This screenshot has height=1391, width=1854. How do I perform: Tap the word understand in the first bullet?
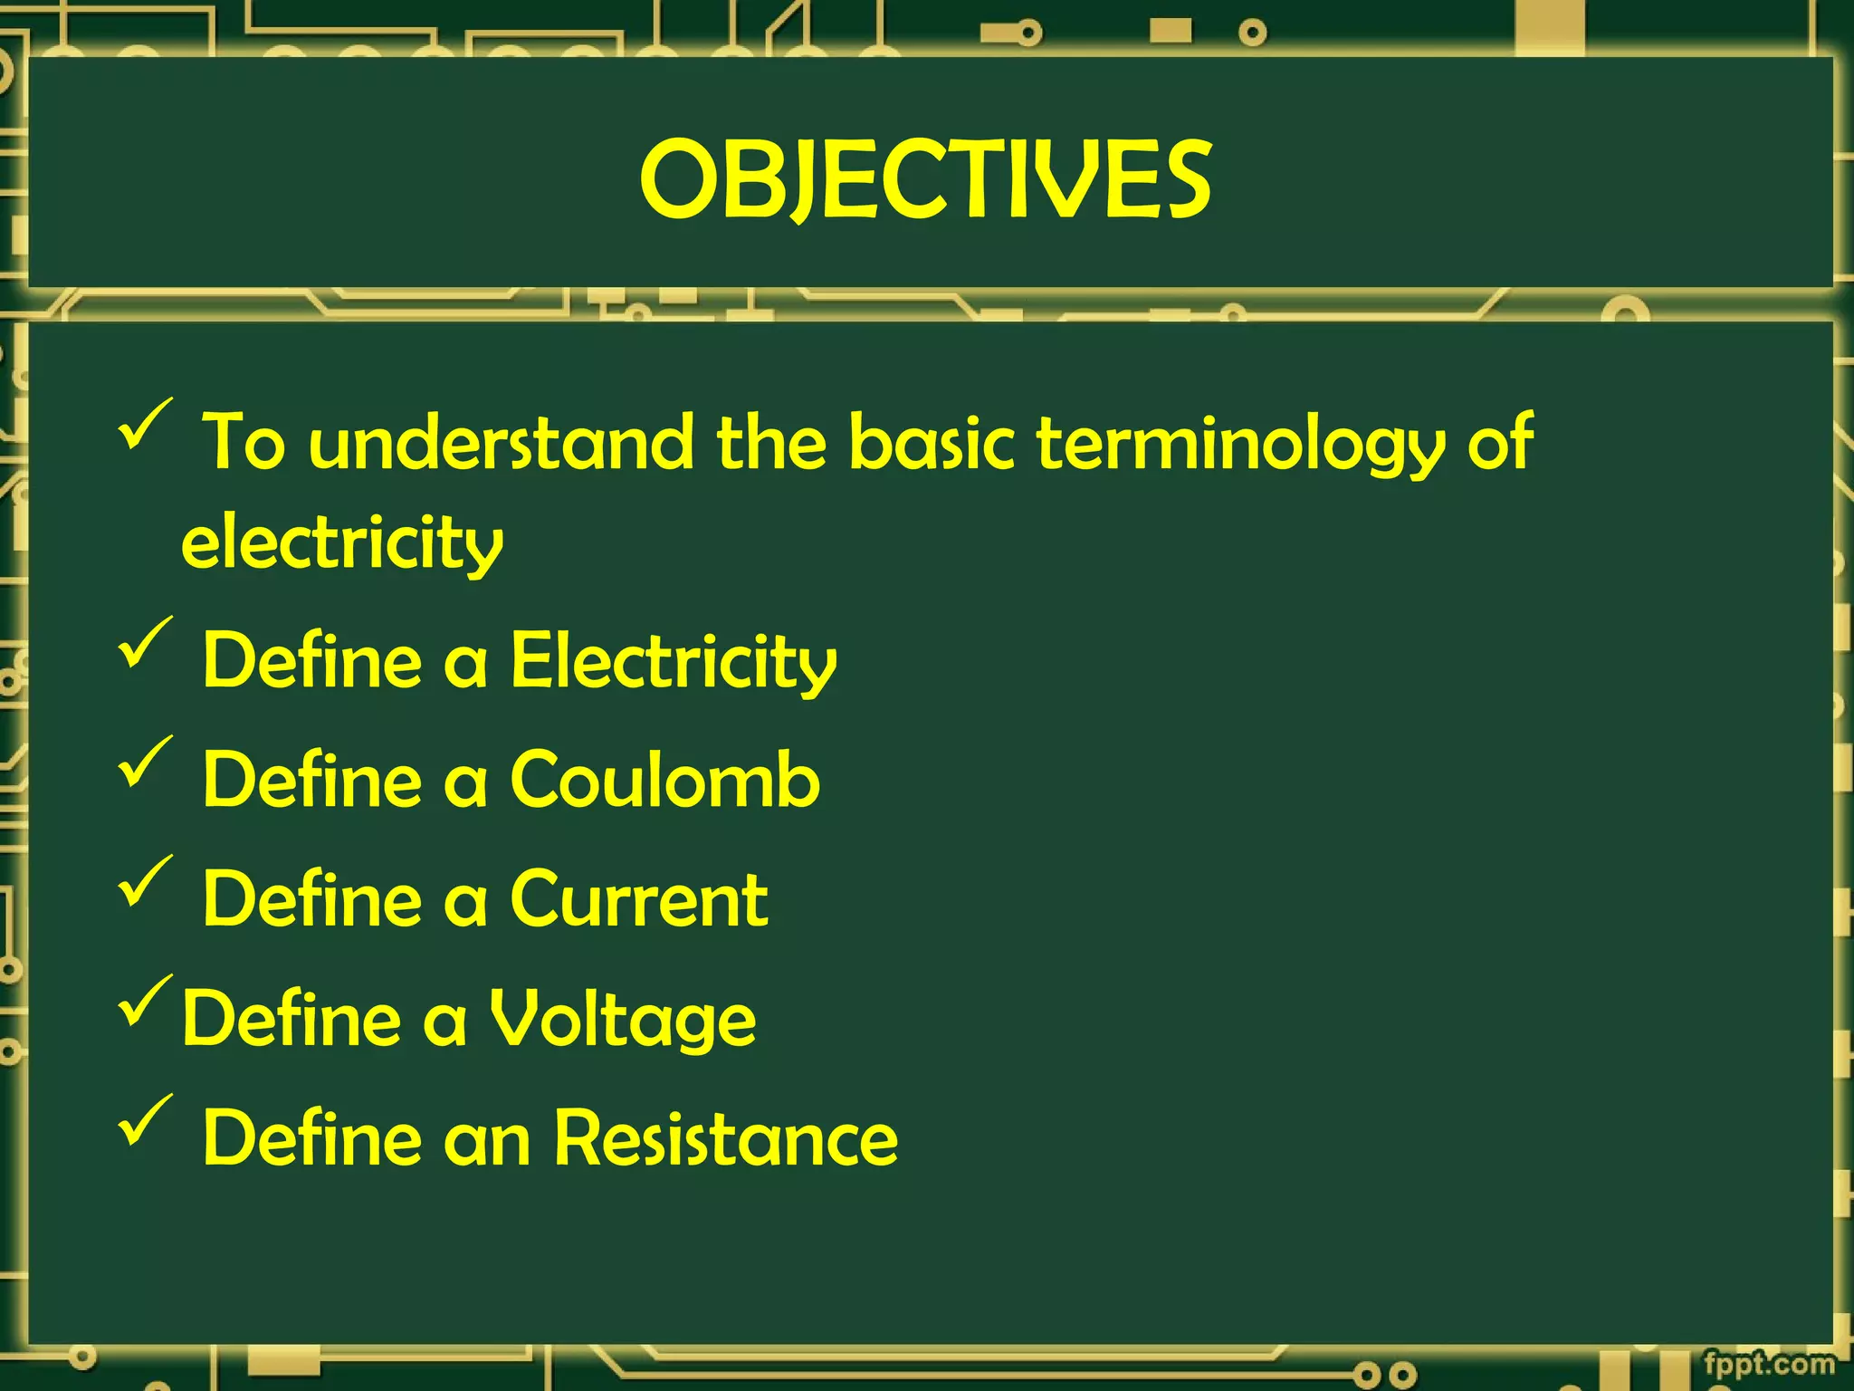(x=501, y=443)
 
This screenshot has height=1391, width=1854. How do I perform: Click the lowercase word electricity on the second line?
(x=342, y=543)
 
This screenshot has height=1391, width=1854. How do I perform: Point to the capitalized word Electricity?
(x=674, y=662)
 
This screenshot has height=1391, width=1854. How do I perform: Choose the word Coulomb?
(x=665, y=780)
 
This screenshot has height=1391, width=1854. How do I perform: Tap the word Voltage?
(x=623, y=1019)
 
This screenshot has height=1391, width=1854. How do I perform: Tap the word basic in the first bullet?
(x=932, y=443)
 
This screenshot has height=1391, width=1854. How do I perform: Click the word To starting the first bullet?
(x=244, y=443)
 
